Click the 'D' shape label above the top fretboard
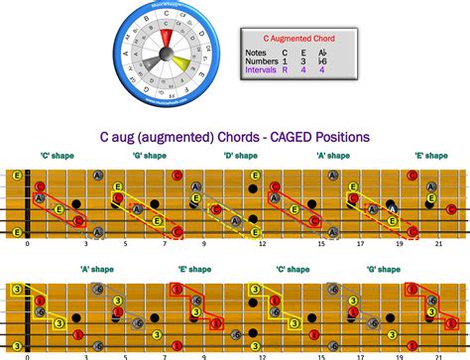point(235,156)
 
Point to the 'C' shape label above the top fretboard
point(53,156)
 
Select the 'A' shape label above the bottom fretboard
point(97,269)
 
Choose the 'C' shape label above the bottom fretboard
point(285,269)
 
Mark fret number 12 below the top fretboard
point(262,244)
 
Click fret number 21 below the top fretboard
point(437,244)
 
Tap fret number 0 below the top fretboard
point(28,244)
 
